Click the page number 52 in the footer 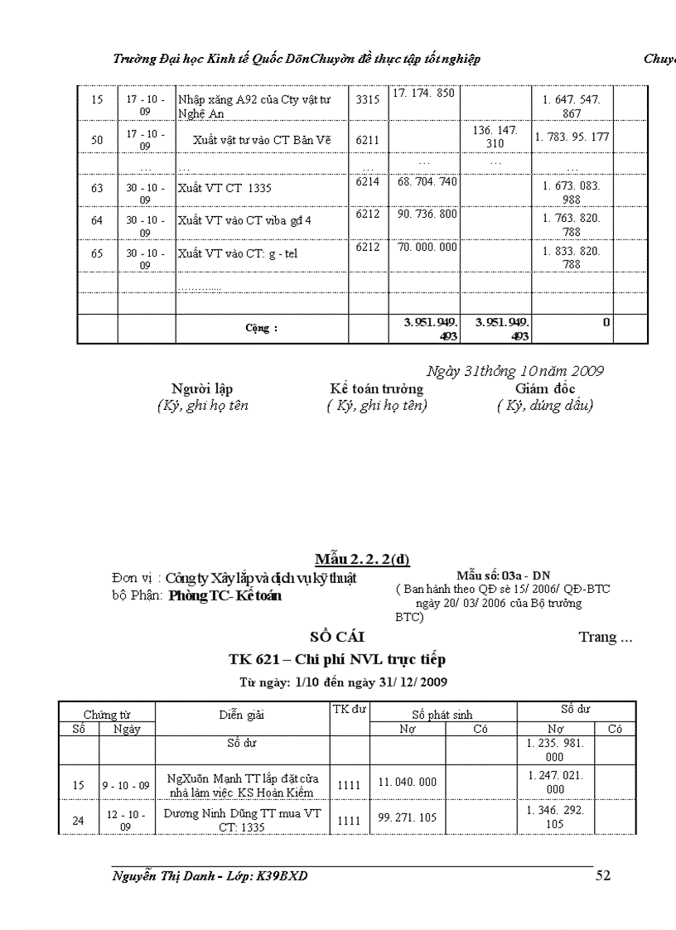coord(603,875)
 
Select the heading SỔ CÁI coord(337,637)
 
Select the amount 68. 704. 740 coord(427,181)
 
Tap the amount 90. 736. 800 coord(427,214)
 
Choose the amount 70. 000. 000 coord(427,247)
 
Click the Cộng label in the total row coord(261,328)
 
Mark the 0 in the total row coord(606,322)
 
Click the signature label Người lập coord(202,388)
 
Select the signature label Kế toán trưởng coord(376,388)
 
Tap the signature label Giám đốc coord(545,388)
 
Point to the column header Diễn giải coord(242,714)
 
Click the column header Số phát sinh coord(442,714)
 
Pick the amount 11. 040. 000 coord(408,782)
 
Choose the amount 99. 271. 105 coord(408,817)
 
